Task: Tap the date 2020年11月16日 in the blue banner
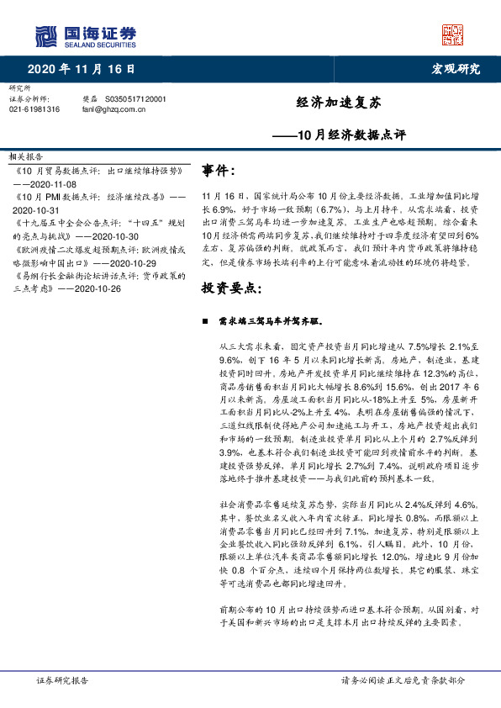tap(82, 68)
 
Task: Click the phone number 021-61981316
tap(34, 108)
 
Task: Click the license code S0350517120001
tap(136, 98)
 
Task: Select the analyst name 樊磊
tap(90, 98)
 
